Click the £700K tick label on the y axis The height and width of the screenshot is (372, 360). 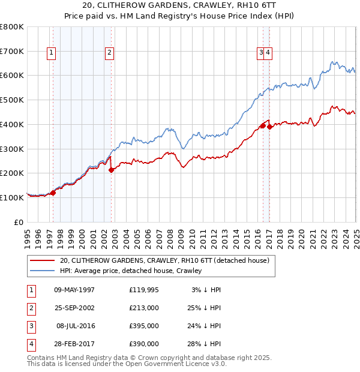click(x=12, y=51)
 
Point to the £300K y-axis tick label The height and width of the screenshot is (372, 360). click(x=12, y=149)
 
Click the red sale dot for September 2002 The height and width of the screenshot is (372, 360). click(x=112, y=170)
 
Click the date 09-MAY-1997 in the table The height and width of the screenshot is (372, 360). click(x=74, y=290)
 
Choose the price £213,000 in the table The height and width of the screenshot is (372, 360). click(x=143, y=308)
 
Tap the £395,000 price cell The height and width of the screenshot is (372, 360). click(x=143, y=326)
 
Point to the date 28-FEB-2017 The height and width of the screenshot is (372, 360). click(x=74, y=344)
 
